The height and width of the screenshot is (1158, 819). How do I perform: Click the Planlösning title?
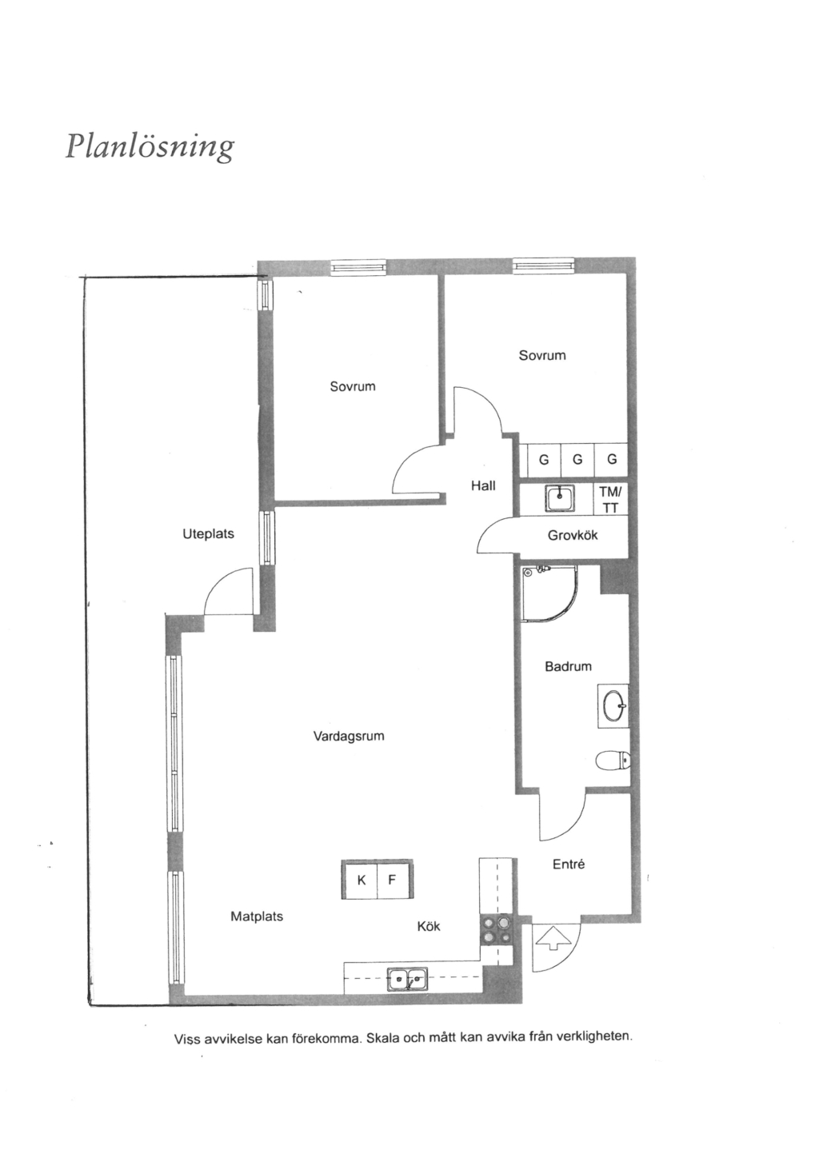[150, 147]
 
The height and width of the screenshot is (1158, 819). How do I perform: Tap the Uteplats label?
[209, 534]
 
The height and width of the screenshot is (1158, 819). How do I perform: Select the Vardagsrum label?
[349, 737]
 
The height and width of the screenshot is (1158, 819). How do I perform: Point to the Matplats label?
[257, 916]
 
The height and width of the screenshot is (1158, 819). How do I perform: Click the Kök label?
[429, 926]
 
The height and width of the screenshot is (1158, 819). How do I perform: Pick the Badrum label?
[568, 666]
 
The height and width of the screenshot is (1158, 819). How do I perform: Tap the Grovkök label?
[573, 535]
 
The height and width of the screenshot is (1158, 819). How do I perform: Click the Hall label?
[483, 485]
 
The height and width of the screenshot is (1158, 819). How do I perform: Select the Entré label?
[569, 864]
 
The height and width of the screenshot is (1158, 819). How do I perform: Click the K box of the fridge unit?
[360, 880]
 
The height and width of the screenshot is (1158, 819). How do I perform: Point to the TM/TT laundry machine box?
[610, 499]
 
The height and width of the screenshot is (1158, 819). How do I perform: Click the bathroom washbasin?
[614, 705]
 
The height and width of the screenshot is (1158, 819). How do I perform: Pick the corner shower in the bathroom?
[548, 593]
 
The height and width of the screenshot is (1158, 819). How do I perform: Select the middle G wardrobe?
[577, 460]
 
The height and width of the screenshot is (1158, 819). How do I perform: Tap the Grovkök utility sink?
[559, 498]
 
